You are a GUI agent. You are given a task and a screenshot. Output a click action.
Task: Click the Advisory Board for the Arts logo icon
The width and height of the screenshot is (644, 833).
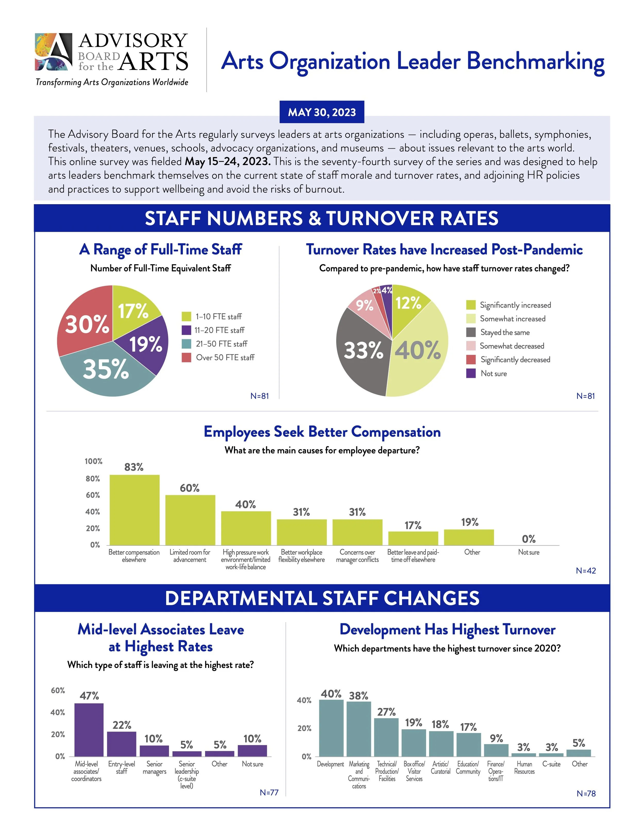point(53,51)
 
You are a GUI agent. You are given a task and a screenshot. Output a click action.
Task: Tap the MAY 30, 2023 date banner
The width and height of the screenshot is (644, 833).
point(322,112)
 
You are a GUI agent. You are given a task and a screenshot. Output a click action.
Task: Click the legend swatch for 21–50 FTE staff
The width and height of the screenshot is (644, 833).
point(186,344)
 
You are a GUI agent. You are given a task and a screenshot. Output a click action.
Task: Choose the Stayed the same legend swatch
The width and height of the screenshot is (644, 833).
point(471,332)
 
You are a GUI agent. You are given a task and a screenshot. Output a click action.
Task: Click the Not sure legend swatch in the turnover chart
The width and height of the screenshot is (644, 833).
point(471,373)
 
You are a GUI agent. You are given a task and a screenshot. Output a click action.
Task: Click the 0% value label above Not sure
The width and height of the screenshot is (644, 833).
point(529,539)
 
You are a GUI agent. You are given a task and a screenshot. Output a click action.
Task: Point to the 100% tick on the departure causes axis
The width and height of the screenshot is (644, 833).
point(94,461)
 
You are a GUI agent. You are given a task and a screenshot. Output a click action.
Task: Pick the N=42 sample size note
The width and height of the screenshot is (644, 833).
point(586,571)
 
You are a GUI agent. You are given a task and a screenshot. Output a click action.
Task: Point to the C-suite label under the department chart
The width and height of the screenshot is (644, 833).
point(551,764)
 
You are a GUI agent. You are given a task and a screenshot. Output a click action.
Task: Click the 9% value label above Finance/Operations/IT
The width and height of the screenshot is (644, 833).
point(496,738)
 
